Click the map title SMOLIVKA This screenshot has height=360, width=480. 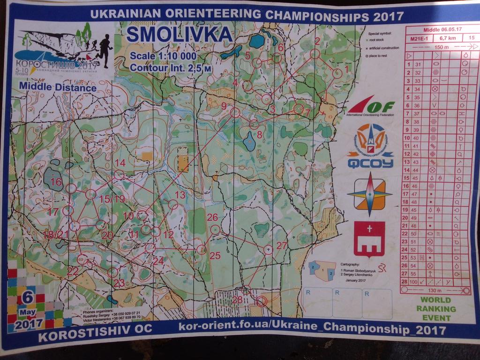click(179, 35)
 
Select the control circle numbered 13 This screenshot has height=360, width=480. click(173, 204)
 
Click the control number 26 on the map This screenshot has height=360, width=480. click(212, 217)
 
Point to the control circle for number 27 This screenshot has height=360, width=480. click(268, 250)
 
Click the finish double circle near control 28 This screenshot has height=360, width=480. click(262, 300)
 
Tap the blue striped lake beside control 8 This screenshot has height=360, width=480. click(250, 141)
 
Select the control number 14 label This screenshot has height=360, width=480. click(120, 163)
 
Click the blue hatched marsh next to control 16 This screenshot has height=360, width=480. click(53, 179)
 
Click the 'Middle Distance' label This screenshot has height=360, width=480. click(58, 87)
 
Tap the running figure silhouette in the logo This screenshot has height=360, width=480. click(104, 49)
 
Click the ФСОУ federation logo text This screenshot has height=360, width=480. click(370, 164)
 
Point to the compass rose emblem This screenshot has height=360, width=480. click(370, 194)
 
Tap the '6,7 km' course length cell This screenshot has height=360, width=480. click(446, 38)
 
